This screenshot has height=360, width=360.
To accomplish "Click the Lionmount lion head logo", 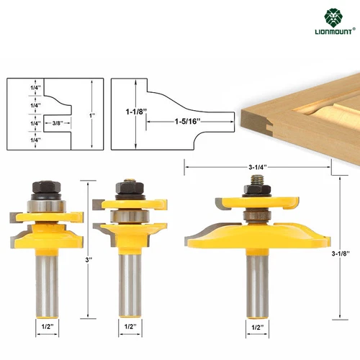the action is pos(333,17).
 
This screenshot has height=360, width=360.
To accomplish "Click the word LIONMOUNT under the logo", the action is pos(333,32).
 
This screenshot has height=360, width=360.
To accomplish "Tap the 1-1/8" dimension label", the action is pos(136,112).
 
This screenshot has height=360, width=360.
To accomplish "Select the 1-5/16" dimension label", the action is pos(187,122).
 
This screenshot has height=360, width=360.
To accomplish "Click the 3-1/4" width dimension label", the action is pos(258,167).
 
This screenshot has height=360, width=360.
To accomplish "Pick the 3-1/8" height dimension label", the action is pos(341,253).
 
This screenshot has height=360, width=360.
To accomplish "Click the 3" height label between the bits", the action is pos(89,260).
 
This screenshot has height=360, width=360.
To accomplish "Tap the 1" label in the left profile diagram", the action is pos(92,115).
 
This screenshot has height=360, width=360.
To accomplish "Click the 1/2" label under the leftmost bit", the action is pos(48,326).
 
